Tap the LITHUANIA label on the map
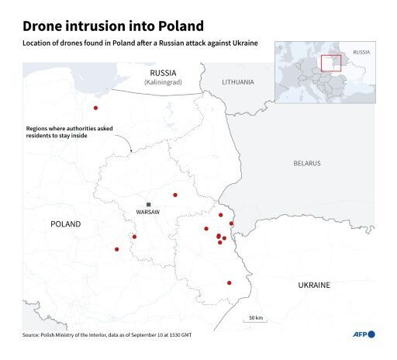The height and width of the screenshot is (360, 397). tap(237, 81)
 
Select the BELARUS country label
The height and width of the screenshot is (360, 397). tap(306, 163)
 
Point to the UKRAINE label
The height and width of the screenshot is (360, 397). tap(314, 285)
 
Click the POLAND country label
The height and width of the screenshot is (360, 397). tap(66, 223)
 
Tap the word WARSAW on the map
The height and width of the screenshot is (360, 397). tap(147, 212)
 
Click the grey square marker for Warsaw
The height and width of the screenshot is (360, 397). tap(148, 204)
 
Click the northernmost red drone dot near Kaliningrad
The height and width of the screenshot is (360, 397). tap(95, 108)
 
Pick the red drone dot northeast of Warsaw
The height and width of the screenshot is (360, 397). tap(175, 195)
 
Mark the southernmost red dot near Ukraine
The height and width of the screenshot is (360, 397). tap(229, 283)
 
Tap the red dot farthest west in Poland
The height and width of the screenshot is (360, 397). tap(117, 249)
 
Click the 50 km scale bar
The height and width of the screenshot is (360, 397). tap(254, 323)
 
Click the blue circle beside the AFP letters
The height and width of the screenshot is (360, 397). tap(371, 334)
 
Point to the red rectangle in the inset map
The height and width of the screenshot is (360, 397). tap(331, 63)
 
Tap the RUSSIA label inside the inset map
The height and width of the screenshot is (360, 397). tap(361, 52)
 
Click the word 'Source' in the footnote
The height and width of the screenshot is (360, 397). tap(31, 334)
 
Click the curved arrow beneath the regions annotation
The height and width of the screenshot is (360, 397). tap(126, 143)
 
